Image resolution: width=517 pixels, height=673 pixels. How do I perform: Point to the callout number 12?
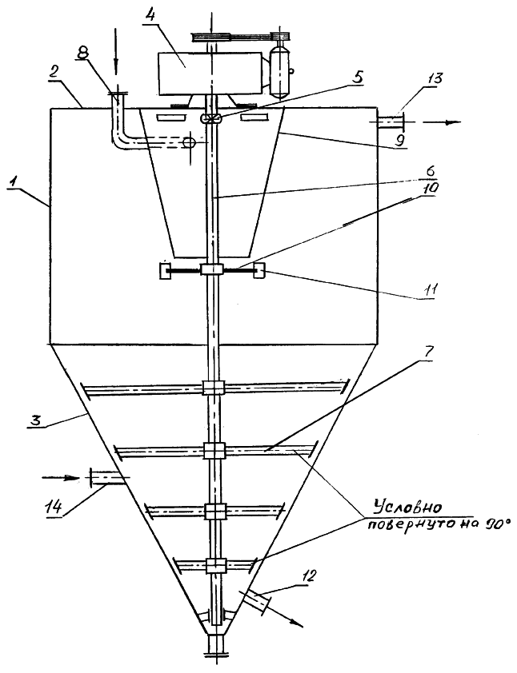pyautogui.click(x=310, y=575)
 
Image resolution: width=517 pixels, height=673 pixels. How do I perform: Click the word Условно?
pyautogui.click(x=407, y=508)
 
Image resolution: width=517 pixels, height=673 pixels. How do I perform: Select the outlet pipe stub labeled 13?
pyautogui.click(x=390, y=121)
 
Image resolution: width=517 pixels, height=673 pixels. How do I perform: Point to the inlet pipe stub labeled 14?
pyautogui.click(x=106, y=478)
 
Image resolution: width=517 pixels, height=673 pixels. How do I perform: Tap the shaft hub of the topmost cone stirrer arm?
pyautogui.click(x=213, y=388)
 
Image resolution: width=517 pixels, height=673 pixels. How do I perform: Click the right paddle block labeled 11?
pyautogui.click(x=259, y=270)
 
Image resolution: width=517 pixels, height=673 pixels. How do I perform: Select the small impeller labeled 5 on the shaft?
pyautogui.click(x=210, y=118)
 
